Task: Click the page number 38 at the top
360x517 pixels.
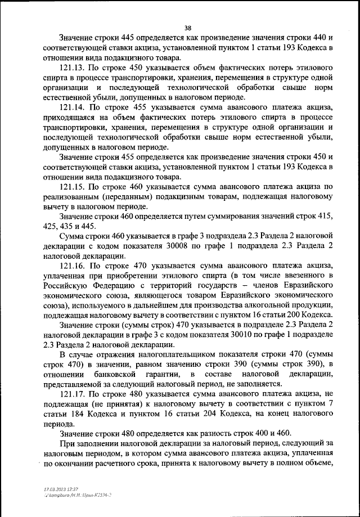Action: point(188,26)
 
